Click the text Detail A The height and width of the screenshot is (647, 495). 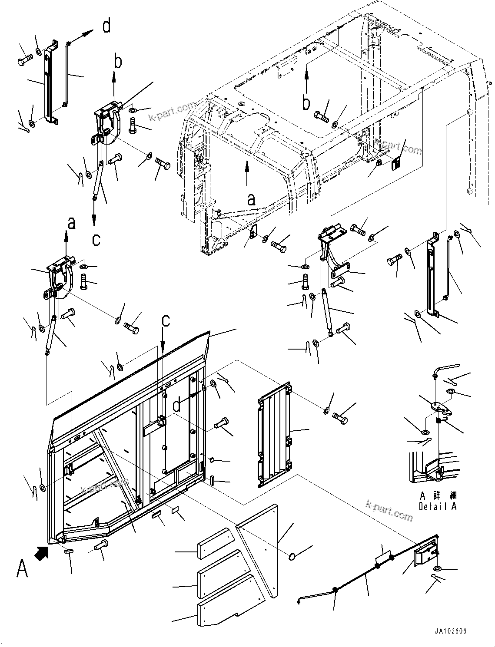[x=437, y=506]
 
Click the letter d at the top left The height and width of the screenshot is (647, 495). [x=106, y=26]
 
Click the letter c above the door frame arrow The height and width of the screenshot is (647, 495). [x=166, y=320]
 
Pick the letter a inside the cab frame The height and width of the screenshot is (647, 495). [x=251, y=199]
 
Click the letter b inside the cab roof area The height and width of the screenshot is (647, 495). [x=307, y=103]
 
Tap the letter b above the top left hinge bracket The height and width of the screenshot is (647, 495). [x=118, y=62]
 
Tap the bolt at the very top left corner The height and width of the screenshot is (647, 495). [x=24, y=61]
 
